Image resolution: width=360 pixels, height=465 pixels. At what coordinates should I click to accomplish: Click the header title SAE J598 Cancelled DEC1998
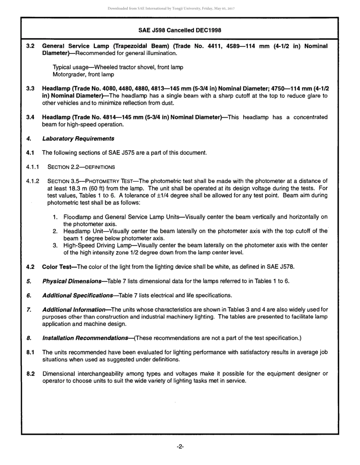pos(180,30)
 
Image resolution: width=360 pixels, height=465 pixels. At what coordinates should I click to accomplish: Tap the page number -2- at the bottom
pos(180,447)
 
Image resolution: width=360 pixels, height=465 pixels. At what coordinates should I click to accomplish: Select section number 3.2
pos(31,46)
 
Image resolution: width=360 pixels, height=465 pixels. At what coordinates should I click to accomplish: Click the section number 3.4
pos(31,117)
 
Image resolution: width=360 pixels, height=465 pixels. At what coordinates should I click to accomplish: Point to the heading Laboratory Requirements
pos(78,138)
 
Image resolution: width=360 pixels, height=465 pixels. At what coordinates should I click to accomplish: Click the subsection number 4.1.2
pos(33,181)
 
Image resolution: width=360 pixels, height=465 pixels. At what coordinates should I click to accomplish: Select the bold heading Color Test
pos(57,267)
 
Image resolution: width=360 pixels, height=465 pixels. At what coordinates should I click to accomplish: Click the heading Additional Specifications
pos(78,295)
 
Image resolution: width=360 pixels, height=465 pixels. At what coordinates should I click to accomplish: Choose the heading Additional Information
pos(74,309)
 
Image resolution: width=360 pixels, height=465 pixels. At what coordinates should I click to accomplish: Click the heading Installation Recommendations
pos(85,338)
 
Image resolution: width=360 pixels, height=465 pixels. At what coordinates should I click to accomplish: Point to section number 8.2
pos(31,374)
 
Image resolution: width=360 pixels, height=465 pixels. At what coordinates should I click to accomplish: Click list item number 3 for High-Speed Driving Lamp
pos(55,245)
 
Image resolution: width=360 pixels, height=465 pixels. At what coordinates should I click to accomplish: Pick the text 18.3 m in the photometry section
pos(78,188)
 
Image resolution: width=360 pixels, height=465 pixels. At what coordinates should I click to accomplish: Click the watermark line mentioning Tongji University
pos(171,8)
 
